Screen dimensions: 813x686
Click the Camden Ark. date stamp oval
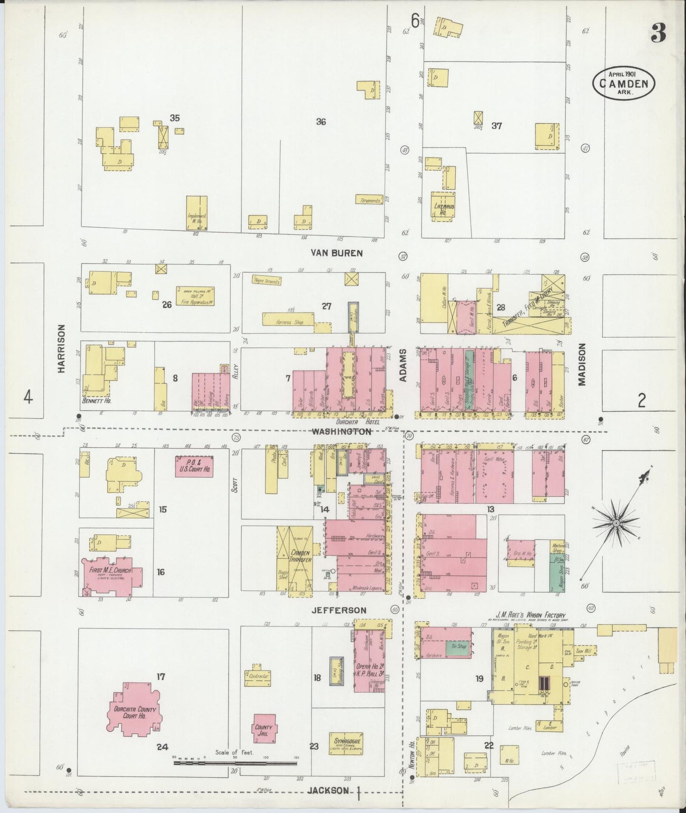623,83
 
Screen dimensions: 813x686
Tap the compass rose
616,523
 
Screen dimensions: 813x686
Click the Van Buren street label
336,253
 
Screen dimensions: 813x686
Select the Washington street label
341,432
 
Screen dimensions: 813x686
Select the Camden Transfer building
301,556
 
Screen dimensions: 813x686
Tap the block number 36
321,122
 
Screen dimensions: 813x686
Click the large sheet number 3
658,33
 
